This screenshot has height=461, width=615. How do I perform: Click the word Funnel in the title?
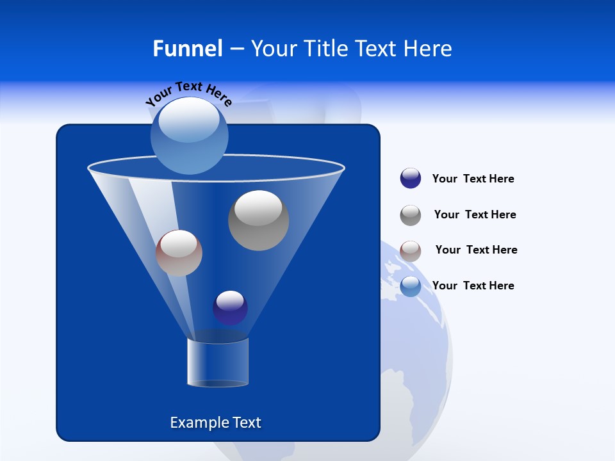click(187, 48)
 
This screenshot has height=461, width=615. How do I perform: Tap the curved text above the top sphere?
click(188, 93)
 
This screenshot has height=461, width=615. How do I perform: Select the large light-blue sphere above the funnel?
click(190, 135)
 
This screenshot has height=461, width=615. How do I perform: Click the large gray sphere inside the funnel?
click(259, 221)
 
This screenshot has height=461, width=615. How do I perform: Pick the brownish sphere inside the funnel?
click(179, 254)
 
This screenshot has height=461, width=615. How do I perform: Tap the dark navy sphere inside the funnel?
click(230, 308)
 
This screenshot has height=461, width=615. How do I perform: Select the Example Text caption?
click(216, 423)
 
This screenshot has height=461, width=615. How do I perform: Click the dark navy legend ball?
click(411, 178)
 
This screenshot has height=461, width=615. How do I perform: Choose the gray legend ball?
click(411, 215)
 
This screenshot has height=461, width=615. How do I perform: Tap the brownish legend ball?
click(411, 251)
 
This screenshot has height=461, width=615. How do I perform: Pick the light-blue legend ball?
click(411, 286)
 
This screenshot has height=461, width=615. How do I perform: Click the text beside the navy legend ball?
click(473, 179)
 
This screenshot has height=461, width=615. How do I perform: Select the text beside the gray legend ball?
click(475, 214)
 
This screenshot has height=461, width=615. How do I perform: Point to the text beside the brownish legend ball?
click(476, 250)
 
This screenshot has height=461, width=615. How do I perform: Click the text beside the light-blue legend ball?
click(473, 286)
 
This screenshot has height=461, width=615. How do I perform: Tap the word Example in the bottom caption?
click(197, 423)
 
